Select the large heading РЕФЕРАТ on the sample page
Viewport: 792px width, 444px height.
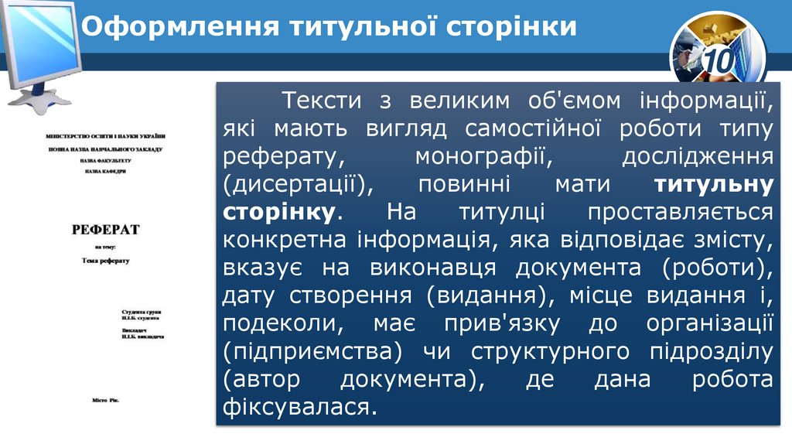(105, 230)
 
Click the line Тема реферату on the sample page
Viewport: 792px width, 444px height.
(105, 261)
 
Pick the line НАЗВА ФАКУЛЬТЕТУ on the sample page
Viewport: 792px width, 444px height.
(105, 160)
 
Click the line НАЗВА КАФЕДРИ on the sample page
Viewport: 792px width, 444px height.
(105, 172)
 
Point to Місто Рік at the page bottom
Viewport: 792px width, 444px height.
(106, 401)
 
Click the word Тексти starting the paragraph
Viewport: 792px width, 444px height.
(323, 100)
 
